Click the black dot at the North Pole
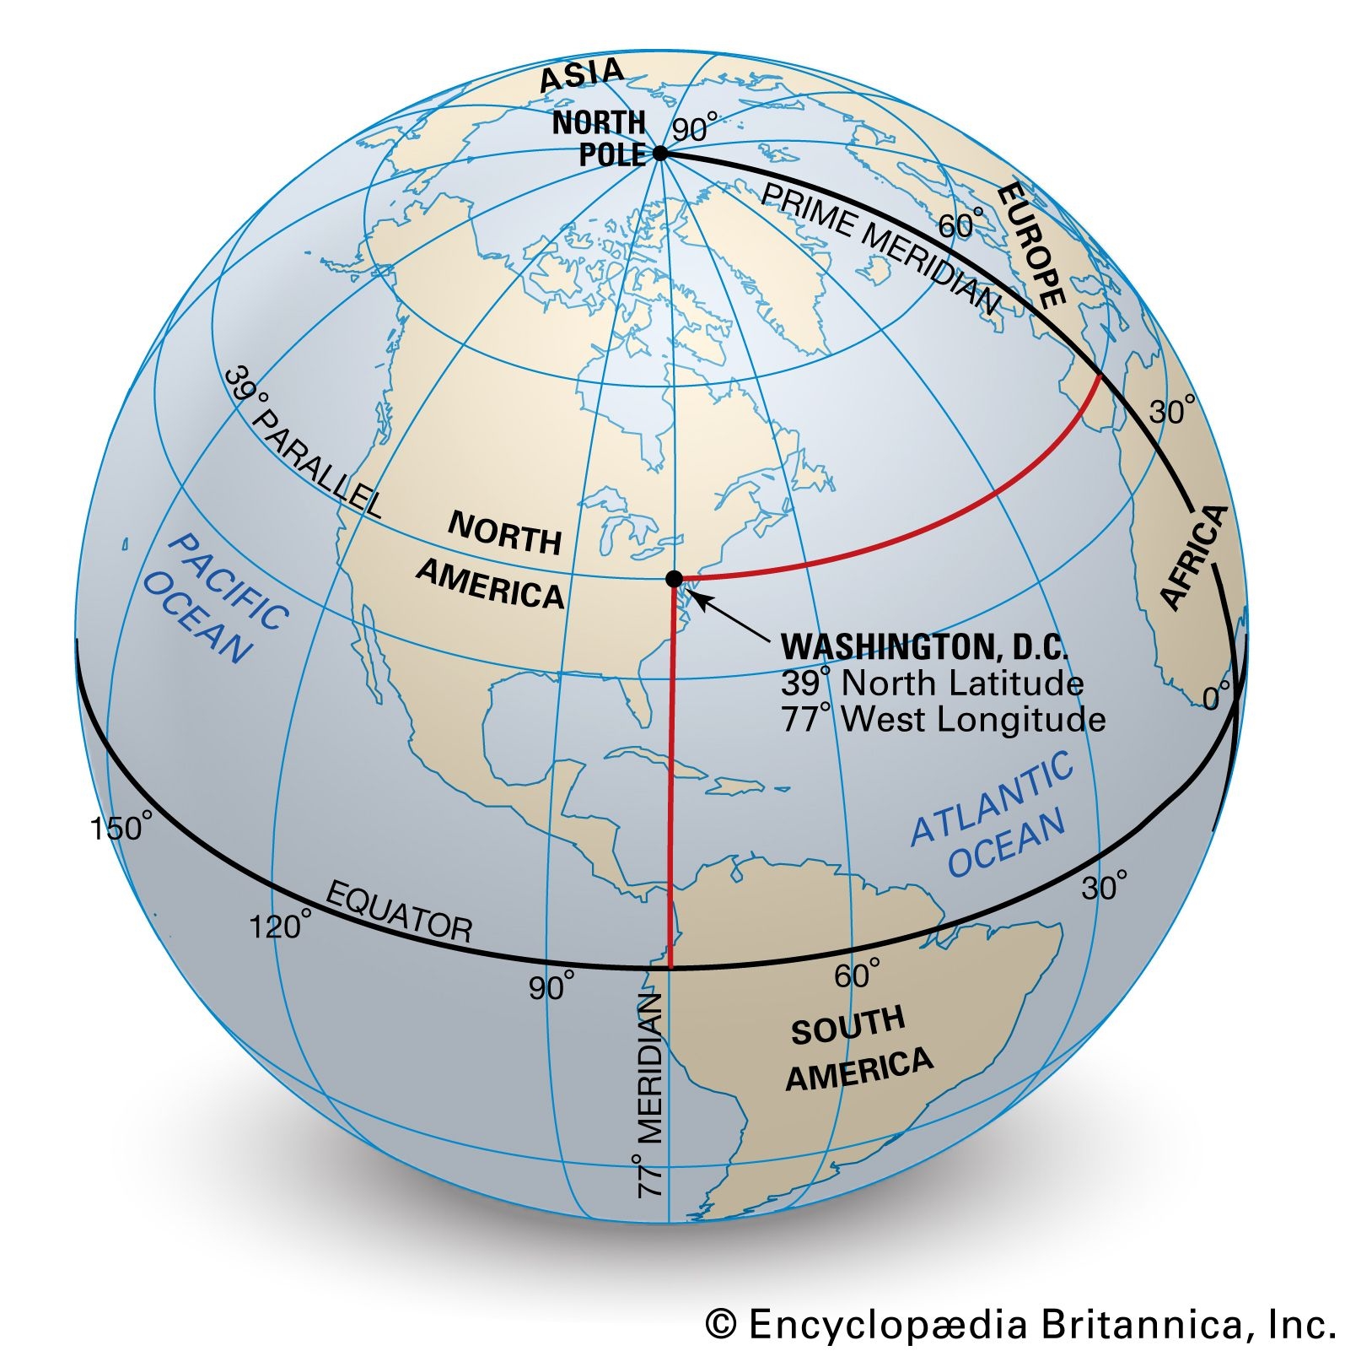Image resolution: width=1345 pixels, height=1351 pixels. point(660,154)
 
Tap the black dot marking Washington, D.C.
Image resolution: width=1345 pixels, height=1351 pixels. point(674,579)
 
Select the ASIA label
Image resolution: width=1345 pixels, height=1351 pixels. point(581,75)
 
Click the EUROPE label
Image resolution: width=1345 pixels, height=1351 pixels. point(1031,244)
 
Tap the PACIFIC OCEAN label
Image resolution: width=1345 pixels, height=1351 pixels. point(215,598)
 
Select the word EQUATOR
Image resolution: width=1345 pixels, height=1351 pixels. point(398,912)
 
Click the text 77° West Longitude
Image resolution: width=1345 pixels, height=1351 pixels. point(943,720)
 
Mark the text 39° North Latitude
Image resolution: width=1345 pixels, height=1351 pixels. point(932,684)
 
